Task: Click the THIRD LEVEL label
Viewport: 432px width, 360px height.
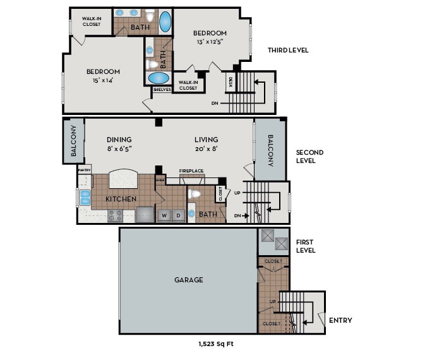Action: pyautogui.click(x=287, y=51)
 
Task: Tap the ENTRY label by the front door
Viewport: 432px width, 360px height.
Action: pyautogui.click(x=340, y=320)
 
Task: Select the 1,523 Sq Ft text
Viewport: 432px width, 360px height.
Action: pyautogui.click(x=216, y=345)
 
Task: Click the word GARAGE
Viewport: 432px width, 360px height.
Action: pyautogui.click(x=189, y=280)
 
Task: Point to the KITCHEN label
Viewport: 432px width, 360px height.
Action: pyautogui.click(x=121, y=199)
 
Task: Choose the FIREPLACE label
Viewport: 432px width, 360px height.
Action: pyautogui.click(x=191, y=171)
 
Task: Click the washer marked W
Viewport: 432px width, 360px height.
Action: pyautogui.click(x=164, y=215)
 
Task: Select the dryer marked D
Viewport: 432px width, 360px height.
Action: pyautogui.click(x=178, y=215)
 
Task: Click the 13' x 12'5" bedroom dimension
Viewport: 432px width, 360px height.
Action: pyautogui.click(x=210, y=42)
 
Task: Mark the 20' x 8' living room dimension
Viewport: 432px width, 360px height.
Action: pyautogui.click(x=206, y=149)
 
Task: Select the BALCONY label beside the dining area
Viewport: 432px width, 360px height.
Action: pyautogui.click(x=73, y=140)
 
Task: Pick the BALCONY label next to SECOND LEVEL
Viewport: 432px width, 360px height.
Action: pyautogui.click(x=270, y=152)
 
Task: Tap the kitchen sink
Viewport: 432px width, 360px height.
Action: pyautogui.click(x=85, y=197)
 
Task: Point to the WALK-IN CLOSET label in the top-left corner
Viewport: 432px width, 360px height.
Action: pyautogui.click(x=91, y=21)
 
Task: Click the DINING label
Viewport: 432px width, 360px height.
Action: pyautogui.click(x=119, y=140)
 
